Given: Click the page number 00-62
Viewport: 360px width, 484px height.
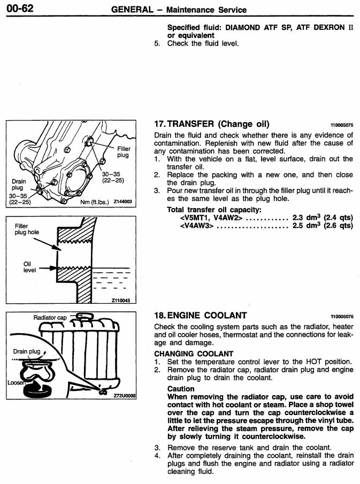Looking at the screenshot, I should (19, 8).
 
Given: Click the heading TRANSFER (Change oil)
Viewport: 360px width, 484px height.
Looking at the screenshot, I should (211, 124).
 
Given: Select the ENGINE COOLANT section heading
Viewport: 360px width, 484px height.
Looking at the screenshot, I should (200, 316).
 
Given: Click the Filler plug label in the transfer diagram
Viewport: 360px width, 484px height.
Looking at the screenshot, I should (123, 152).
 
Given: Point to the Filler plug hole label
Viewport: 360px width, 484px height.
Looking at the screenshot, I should (26, 229).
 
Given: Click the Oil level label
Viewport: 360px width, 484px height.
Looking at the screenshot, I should (29, 267).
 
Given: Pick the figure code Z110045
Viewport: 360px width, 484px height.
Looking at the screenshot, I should (120, 301).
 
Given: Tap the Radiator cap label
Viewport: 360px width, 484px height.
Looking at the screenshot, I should (50, 318).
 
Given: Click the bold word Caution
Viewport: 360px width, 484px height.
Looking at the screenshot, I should (180, 389).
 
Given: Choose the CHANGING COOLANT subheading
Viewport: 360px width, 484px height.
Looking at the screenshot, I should (194, 354).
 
